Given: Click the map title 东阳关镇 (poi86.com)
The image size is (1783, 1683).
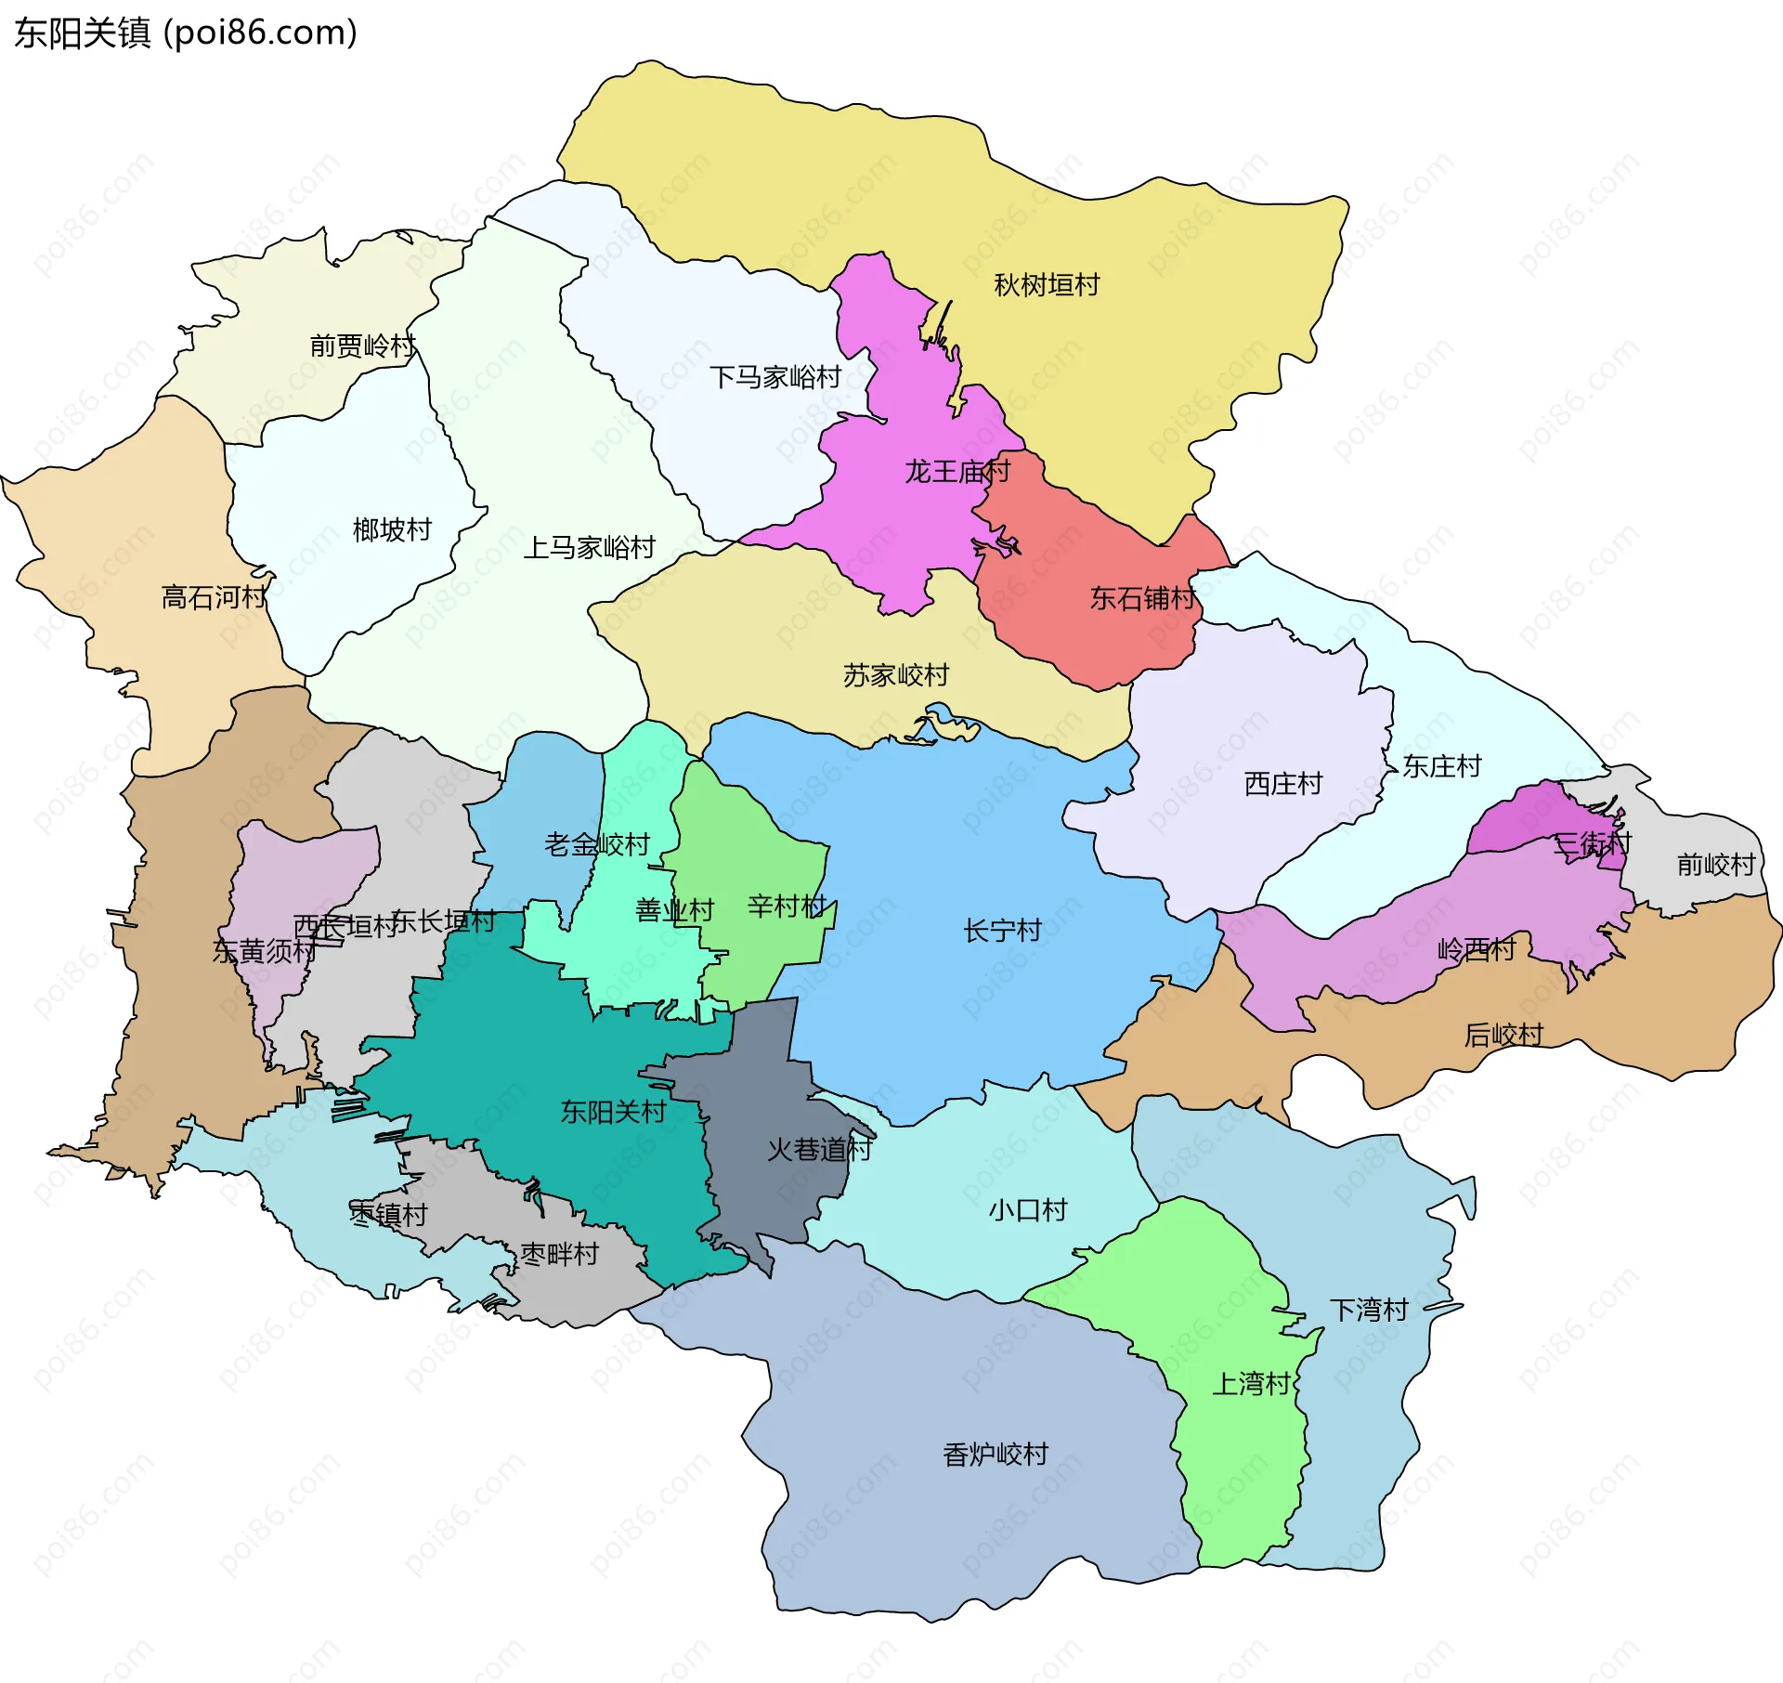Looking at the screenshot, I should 186,33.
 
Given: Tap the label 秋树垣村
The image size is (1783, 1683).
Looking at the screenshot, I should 1047,284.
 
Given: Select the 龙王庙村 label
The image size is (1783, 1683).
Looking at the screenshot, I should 957,472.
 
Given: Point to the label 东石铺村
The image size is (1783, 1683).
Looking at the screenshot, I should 1142,598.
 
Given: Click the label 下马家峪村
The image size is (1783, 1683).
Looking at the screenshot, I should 775,377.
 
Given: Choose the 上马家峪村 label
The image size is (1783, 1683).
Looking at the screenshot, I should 590,548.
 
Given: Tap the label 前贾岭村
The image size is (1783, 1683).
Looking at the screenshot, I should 363,346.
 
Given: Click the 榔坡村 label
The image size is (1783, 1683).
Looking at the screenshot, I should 392,530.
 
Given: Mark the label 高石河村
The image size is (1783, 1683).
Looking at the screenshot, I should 214,597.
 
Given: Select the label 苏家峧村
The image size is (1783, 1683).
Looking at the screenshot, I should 896,675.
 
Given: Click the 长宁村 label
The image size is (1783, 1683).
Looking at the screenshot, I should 1002,931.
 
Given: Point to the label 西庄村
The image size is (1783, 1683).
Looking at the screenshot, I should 1282,784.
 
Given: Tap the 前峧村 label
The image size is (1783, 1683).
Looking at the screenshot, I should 1716,865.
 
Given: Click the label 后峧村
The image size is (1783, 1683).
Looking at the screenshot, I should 1503,1035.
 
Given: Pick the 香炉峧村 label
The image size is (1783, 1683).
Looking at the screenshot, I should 996,1455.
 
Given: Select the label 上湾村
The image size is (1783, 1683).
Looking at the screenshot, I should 1251,1384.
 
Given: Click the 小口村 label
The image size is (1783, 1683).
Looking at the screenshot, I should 1028,1210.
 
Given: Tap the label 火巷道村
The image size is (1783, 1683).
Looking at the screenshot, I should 819,1150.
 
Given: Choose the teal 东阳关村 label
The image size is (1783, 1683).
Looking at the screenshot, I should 613,1112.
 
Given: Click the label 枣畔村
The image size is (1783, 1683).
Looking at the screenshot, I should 559,1255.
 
